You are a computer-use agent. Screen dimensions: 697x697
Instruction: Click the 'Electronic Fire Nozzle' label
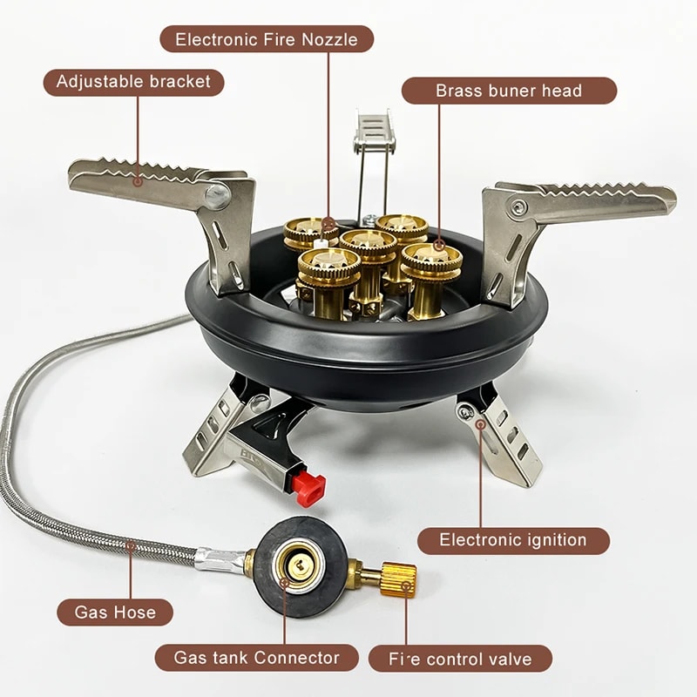(x=267, y=38)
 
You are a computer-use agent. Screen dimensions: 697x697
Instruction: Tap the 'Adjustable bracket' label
(x=133, y=82)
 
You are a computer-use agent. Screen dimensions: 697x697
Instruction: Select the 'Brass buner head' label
(x=509, y=91)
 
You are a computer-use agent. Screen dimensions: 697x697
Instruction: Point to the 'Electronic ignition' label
(x=512, y=539)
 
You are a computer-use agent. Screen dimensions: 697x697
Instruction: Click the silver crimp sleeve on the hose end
(x=217, y=557)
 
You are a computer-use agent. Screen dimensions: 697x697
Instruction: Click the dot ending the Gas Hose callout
(x=132, y=545)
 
